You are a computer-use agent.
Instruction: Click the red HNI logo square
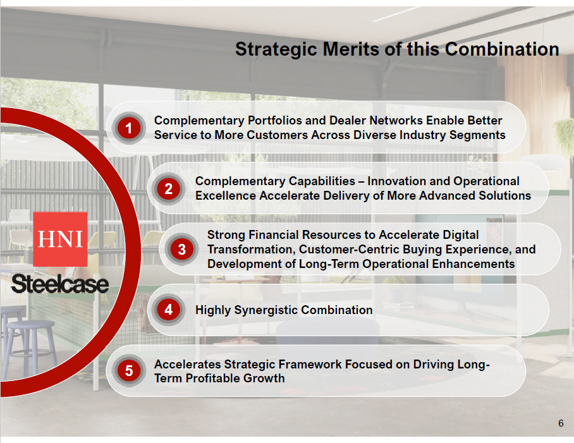[61, 240]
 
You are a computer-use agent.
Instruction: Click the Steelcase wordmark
[60, 284]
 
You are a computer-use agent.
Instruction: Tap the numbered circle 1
[128, 128]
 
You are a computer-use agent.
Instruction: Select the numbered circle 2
[168, 189]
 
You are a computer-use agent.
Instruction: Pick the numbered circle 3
[182, 250]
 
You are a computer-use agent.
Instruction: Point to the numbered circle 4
[168, 310]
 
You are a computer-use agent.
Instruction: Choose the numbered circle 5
[128, 370]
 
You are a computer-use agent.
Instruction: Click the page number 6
[561, 423]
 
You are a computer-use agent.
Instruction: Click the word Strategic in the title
[276, 49]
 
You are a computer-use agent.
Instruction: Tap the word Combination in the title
[502, 49]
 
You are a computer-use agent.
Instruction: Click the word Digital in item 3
[460, 235]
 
